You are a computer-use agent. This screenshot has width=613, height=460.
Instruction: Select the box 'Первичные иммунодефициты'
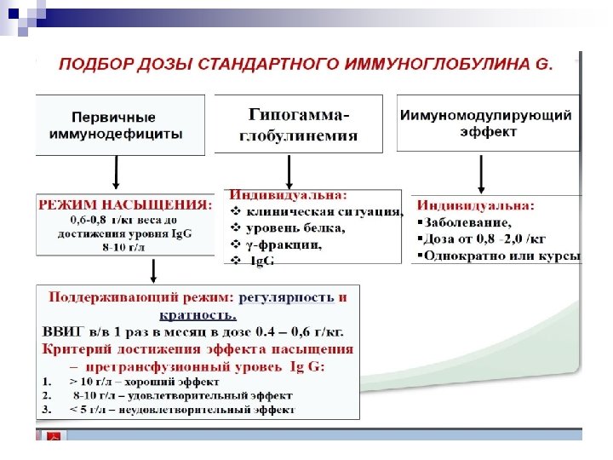tap(119, 124)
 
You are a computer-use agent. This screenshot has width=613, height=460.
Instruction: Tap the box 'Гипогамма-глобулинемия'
tap(303, 124)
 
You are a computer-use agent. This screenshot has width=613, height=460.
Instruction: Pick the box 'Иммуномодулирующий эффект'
tap(485, 124)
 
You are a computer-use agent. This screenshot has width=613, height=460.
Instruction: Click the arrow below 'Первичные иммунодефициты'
tap(115, 174)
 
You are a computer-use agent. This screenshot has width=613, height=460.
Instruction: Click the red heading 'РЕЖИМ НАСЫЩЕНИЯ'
tap(123, 205)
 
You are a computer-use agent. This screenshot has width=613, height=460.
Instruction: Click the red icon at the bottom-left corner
tap(54, 435)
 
